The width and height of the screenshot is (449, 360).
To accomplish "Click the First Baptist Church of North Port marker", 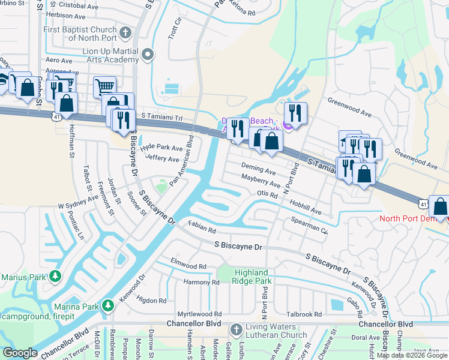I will (x=125, y=32).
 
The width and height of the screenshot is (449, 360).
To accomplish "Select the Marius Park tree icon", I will (x=55, y=276).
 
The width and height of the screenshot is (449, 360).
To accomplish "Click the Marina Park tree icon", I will (x=108, y=305).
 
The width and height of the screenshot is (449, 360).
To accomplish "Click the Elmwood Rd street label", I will (x=188, y=263).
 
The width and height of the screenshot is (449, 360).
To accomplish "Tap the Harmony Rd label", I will (x=202, y=282).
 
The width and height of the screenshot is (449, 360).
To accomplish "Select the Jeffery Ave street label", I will (x=162, y=158).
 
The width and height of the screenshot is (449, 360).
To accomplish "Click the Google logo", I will (x=20, y=353).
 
